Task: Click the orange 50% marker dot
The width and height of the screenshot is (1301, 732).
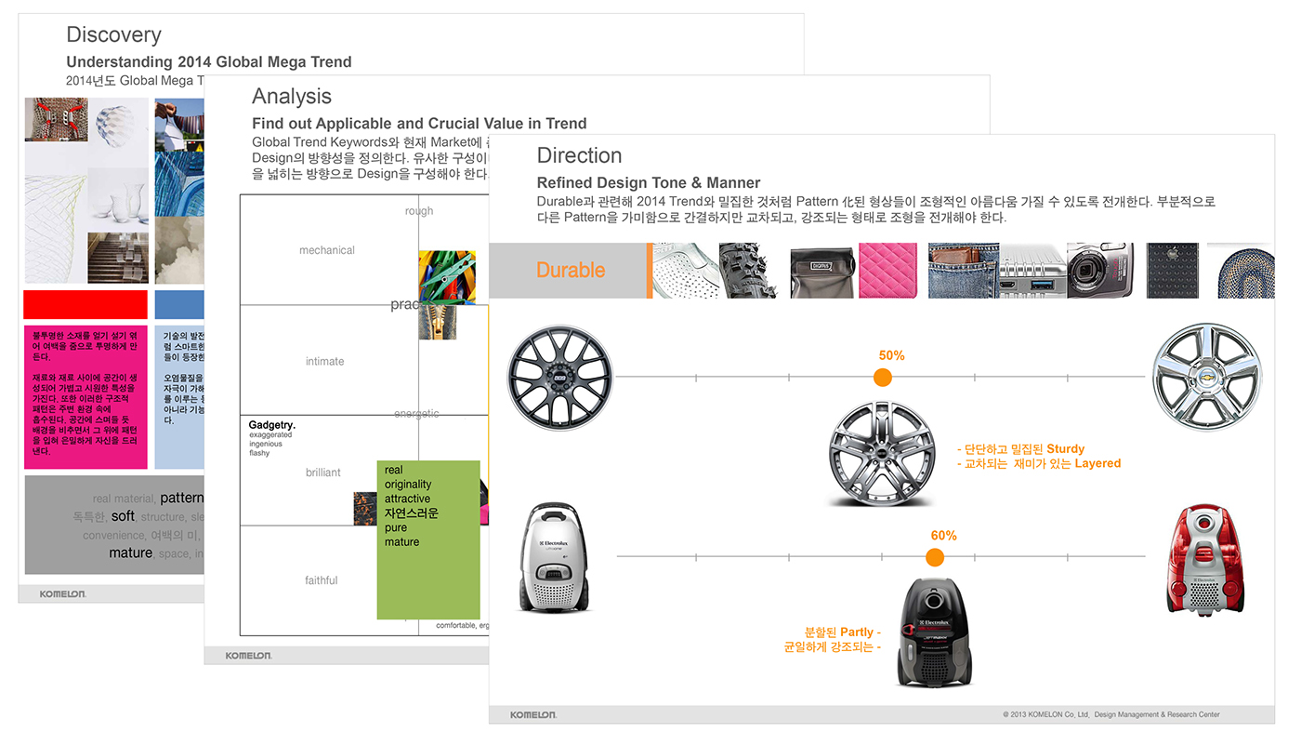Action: click(x=883, y=377)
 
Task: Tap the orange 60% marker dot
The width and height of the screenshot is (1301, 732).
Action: click(x=935, y=557)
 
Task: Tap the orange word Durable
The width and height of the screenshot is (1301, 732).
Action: click(x=571, y=270)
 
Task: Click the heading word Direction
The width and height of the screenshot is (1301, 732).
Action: click(x=579, y=155)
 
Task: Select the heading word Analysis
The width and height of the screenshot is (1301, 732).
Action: click(x=292, y=97)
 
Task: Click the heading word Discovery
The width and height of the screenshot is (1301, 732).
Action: click(x=113, y=35)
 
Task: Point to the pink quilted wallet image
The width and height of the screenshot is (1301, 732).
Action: click(x=887, y=271)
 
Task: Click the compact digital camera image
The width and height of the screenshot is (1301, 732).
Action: click(x=1099, y=271)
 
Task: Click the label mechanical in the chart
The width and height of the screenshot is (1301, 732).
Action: click(x=327, y=250)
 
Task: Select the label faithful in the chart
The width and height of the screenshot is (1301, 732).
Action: click(x=322, y=580)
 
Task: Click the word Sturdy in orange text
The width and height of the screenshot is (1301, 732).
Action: click(x=1065, y=449)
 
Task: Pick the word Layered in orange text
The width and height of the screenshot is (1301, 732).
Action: click(x=1097, y=463)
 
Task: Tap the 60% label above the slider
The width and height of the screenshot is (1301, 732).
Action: click(x=943, y=536)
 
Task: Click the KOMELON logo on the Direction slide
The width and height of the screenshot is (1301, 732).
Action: click(x=533, y=714)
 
